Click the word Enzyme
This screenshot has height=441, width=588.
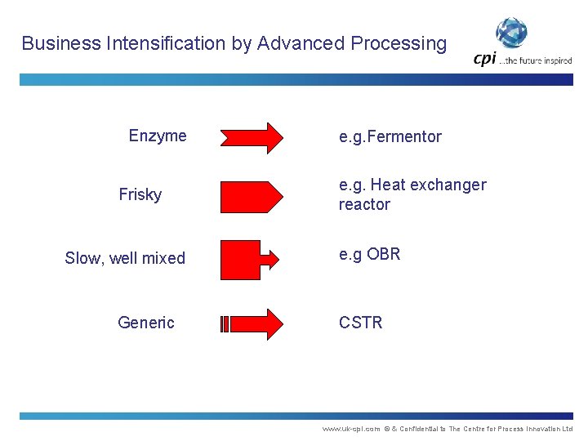coord(158,136)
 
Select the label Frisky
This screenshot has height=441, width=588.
coord(140,194)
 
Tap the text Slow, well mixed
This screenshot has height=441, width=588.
coord(125,258)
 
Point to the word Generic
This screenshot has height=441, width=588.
coord(146,323)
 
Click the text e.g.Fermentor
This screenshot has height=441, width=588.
coord(390,136)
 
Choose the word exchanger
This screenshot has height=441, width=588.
coord(448,185)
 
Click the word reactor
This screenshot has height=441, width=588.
coord(364,204)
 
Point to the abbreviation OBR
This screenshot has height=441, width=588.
coord(384,254)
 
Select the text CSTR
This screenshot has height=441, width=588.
coord(361,323)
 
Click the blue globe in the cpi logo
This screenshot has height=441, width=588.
coord(512,33)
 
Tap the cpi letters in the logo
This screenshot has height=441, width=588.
coord(485,59)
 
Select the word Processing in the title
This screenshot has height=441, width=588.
coord(402,43)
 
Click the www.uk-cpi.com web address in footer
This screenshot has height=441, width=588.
coord(351,429)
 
